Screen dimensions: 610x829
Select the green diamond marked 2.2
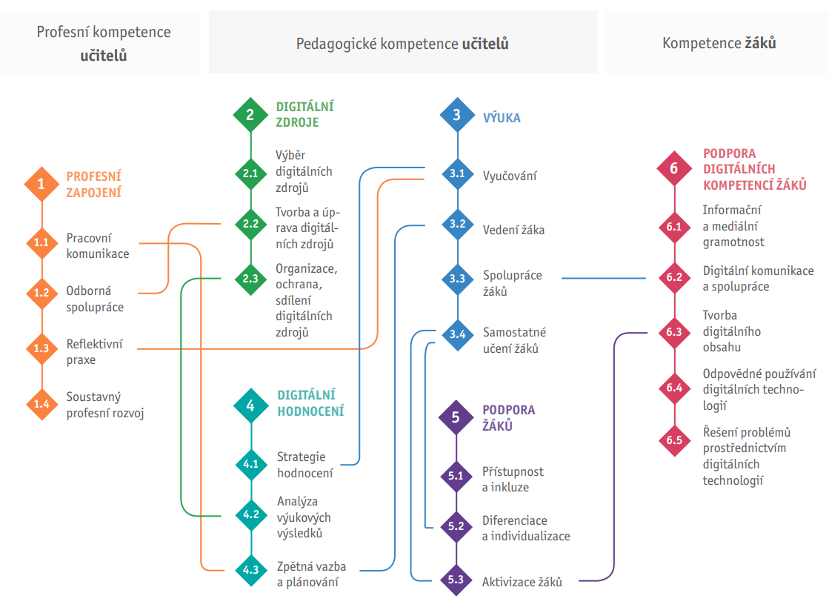250,223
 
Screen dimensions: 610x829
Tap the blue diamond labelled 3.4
457,334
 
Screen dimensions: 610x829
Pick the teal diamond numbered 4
250,405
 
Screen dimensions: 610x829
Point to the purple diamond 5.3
456,580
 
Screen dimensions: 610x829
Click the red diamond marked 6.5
673,440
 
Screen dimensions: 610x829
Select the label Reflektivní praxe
95,352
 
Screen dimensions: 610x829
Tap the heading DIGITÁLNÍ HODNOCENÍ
306,403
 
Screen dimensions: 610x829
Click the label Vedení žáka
513,230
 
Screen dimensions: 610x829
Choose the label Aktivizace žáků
522,582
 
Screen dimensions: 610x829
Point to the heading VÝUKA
502,117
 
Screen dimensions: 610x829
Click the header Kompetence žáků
719,43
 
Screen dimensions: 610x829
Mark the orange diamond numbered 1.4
41,404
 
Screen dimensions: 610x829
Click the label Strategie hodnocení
304,465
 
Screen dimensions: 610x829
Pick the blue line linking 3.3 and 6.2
604,278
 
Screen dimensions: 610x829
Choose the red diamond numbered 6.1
673,227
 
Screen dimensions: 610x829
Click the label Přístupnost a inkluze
513,480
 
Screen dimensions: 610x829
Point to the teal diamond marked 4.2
250,514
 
